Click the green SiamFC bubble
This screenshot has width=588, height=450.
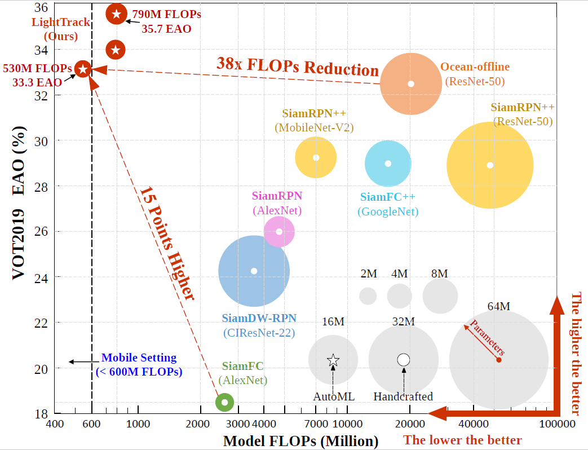(x=224, y=402)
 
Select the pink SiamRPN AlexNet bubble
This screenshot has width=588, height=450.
(x=279, y=231)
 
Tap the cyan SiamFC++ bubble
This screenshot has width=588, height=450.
(x=388, y=164)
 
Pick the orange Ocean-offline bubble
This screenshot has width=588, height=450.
(x=410, y=83)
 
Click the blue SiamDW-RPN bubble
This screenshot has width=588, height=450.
(x=254, y=271)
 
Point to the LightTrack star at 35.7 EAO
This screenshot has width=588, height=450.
(x=116, y=14)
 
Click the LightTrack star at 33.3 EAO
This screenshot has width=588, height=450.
(x=83, y=69)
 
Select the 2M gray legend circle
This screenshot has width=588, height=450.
(x=368, y=295)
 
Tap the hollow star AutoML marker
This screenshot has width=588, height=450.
(x=333, y=360)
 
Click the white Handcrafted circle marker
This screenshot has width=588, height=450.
(x=404, y=360)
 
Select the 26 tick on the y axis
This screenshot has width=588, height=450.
(x=41, y=231)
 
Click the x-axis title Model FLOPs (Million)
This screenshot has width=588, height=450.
(x=300, y=441)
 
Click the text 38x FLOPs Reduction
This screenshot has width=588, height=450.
(x=298, y=67)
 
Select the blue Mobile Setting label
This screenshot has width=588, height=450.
(x=139, y=364)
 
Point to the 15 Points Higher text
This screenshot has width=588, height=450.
(x=167, y=242)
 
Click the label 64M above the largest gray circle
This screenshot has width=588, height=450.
(x=498, y=307)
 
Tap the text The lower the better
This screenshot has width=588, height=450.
(x=462, y=440)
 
